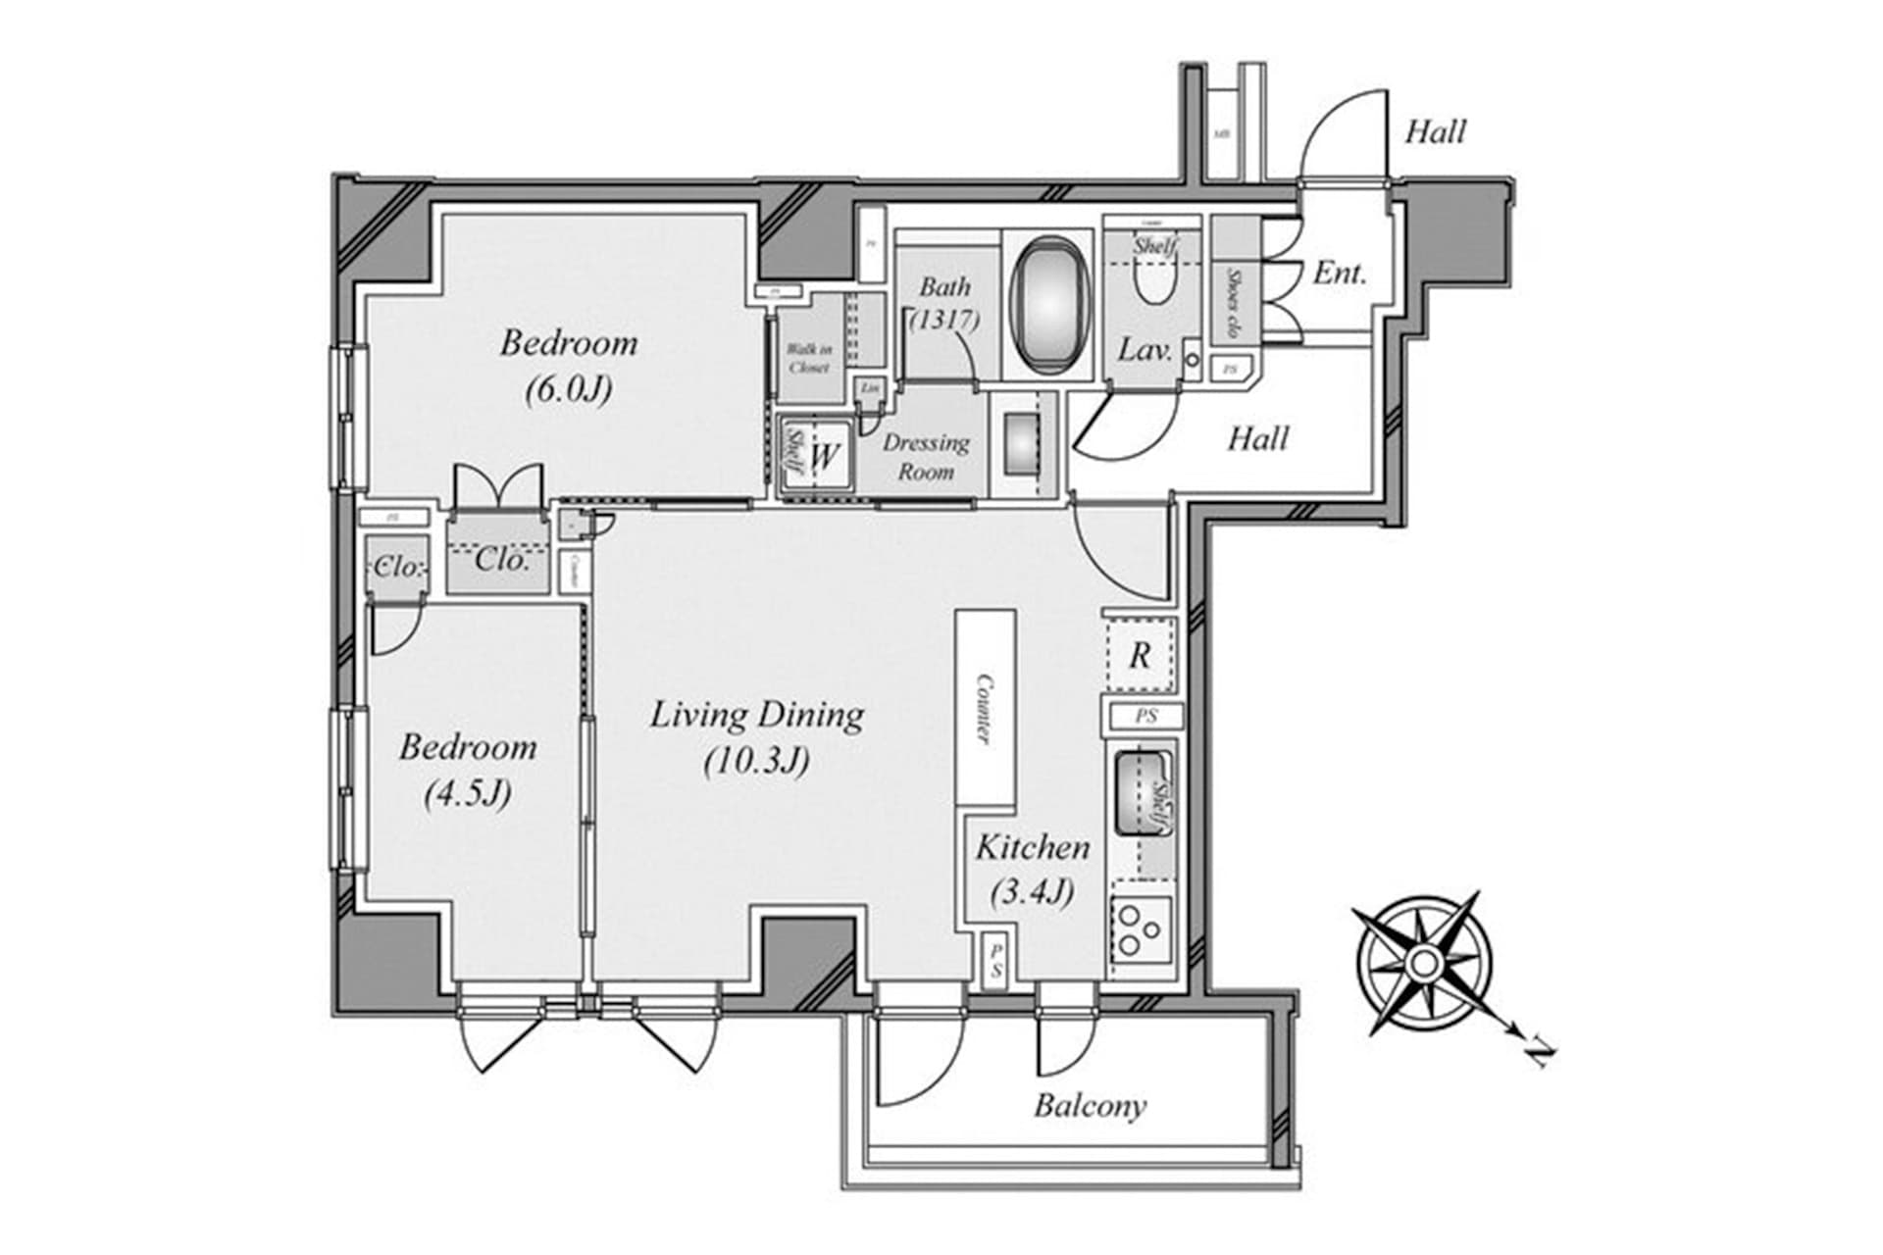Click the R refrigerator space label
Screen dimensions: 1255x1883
[1140, 655]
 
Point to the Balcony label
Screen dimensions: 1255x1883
[1090, 1106]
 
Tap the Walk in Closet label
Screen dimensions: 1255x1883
[809, 358]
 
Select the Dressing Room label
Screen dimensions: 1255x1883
[926, 456]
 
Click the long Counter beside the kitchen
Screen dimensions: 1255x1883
[985, 707]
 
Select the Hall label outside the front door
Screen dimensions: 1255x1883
[1435, 131]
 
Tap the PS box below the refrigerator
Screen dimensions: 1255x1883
[1145, 716]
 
